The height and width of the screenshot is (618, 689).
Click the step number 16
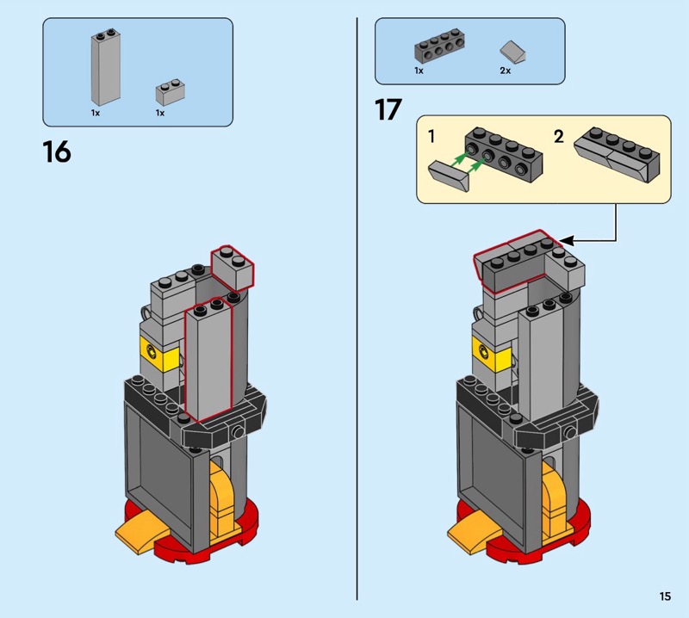coord(57,152)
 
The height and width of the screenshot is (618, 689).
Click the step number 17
coord(388,111)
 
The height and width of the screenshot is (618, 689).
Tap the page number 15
coord(665,596)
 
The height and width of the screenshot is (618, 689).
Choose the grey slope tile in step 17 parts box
coord(514,52)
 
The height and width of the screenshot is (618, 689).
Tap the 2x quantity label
coord(506,71)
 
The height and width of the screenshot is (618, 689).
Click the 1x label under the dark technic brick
coord(419,71)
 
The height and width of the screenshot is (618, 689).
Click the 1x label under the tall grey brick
coord(96,113)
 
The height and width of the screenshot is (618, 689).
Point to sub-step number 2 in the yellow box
coord(559,136)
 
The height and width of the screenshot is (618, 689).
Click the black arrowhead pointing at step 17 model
coord(564,241)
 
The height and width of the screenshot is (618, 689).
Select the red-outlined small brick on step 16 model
coord(233,266)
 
